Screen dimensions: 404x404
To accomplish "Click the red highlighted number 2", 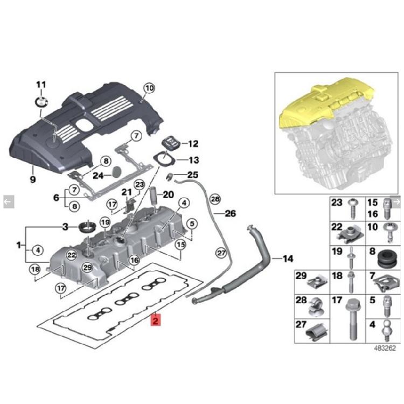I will tap(155, 321).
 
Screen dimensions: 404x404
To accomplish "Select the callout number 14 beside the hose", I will tap(288, 259).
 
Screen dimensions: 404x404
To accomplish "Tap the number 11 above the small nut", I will tap(41, 85).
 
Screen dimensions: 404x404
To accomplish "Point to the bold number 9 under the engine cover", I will tap(32, 178).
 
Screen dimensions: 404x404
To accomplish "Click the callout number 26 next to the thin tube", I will tap(230, 214).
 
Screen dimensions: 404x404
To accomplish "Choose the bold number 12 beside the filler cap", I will tap(193, 144).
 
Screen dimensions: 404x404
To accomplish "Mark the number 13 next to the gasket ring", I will tap(193, 160).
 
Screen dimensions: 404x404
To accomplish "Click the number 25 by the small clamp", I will tap(193, 175).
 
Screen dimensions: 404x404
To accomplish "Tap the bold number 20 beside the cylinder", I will tap(168, 194).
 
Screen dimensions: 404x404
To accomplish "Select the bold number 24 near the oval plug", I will tap(97, 175).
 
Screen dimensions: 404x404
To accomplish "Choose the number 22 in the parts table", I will tap(336, 227).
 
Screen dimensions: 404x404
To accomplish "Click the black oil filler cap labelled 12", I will tap(171, 144).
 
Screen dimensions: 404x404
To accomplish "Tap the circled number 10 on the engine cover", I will tap(149, 88).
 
